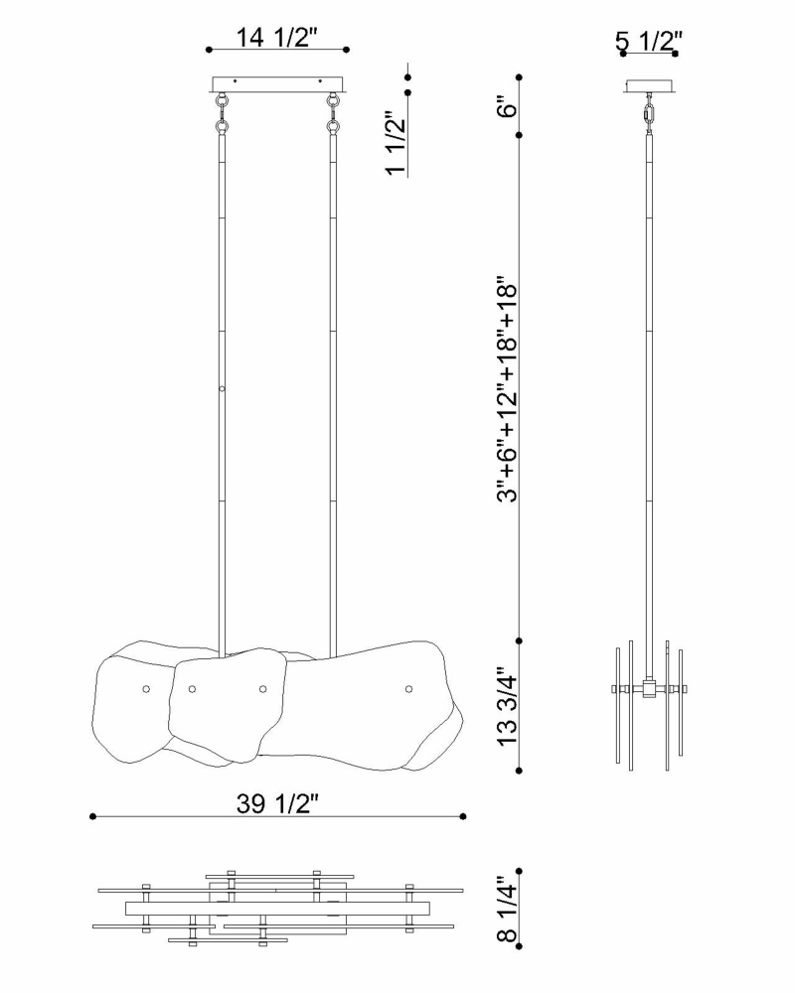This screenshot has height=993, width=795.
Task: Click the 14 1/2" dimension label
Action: coord(276,38)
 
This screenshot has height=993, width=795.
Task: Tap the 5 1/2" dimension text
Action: coord(648,42)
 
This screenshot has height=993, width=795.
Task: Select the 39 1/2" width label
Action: coord(276,803)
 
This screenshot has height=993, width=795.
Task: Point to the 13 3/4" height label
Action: coord(507,706)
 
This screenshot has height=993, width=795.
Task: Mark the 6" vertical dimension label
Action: coord(507,107)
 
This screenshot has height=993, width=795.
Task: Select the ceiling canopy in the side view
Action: coord(650,85)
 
